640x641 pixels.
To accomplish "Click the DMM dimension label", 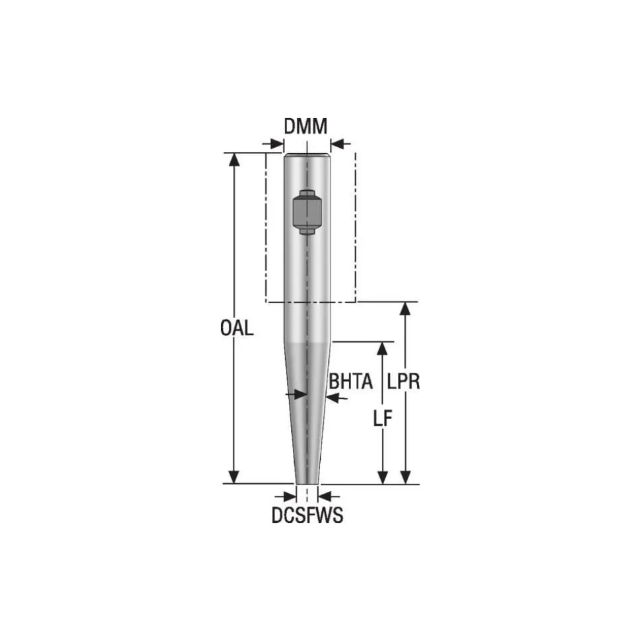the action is (305, 126).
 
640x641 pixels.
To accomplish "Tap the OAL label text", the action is (237, 328).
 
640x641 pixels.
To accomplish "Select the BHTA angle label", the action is (350, 382).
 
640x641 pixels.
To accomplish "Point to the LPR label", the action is (403, 382).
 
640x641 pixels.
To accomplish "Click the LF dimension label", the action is (383, 419).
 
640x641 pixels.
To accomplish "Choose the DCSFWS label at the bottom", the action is (307, 515).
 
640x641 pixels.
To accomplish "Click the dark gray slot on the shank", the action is (307, 212).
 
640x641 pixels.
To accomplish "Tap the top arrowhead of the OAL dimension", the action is (234, 160).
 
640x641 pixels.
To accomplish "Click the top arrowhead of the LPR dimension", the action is (405, 309).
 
